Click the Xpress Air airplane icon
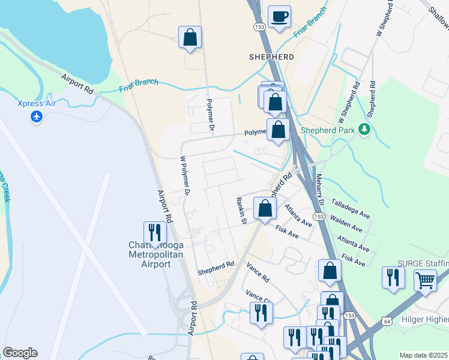point(37,116)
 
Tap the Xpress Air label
point(37,103)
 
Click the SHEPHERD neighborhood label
point(271,57)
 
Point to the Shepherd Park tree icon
point(364,129)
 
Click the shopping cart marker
point(425,279)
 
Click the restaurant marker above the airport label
point(155,232)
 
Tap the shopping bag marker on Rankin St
point(265,209)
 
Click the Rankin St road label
point(241,211)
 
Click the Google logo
point(20,353)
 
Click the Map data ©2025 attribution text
point(423,355)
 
